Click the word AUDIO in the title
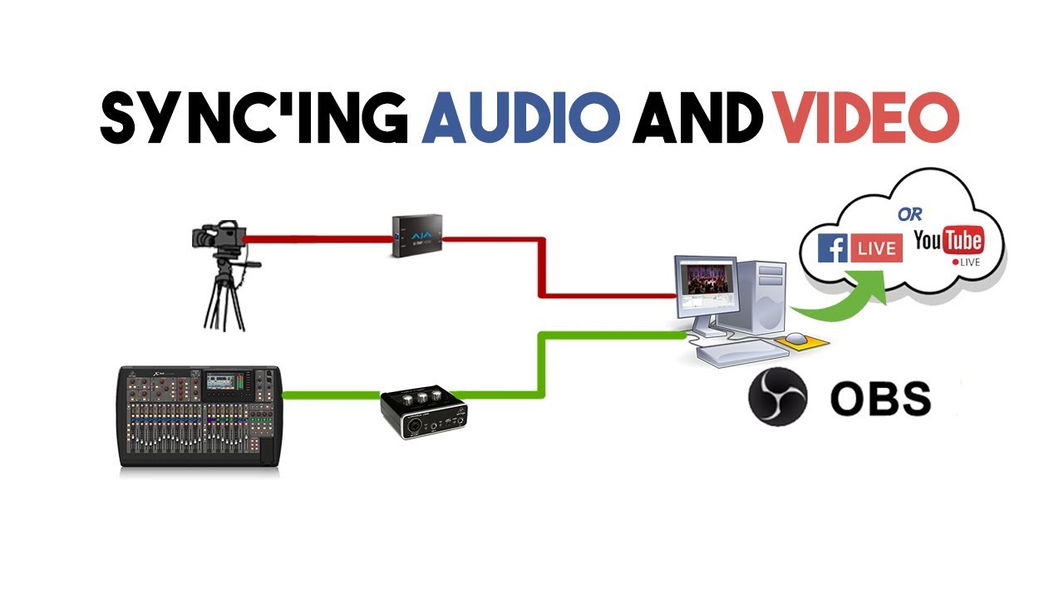(522, 119)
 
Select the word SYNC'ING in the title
(254, 119)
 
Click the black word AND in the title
(697, 119)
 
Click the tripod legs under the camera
(223, 299)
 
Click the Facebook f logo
(832, 248)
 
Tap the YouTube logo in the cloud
(948, 242)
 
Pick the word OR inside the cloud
(909, 213)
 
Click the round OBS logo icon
(777, 398)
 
